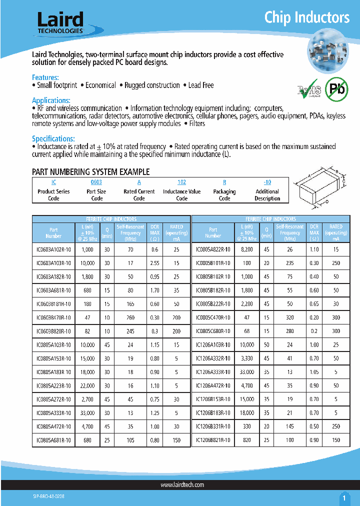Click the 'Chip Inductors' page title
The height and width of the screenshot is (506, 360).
pyautogui.click(x=306, y=17)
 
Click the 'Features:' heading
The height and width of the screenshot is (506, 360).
pyautogui.click(x=45, y=77)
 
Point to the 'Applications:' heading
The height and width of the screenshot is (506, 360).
pyautogui.click(x=51, y=100)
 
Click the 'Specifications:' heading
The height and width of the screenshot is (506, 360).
pyautogui.click(x=53, y=138)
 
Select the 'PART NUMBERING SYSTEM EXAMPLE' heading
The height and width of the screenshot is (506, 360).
pyautogui.click(x=90, y=172)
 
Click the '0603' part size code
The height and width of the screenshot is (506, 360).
pyautogui.click(x=96, y=183)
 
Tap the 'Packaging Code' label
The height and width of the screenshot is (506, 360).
pyautogui.click(x=224, y=195)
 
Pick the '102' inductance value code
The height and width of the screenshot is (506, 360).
pyautogui.click(x=182, y=183)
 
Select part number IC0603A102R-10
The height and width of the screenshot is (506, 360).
pyautogui.click(x=53, y=249)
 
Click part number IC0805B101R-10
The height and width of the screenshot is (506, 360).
pyautogui.click(x=213, y=263)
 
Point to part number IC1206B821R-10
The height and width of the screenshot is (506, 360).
pyautogui.click(x=213, y=440)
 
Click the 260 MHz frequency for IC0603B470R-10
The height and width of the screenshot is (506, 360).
pyautogui.click(x=130, y=317)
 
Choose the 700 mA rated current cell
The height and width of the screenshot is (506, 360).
pyautogui.click(x=177, y=317)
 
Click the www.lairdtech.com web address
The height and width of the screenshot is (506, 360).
pyautogui.click(x=182, y=485)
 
